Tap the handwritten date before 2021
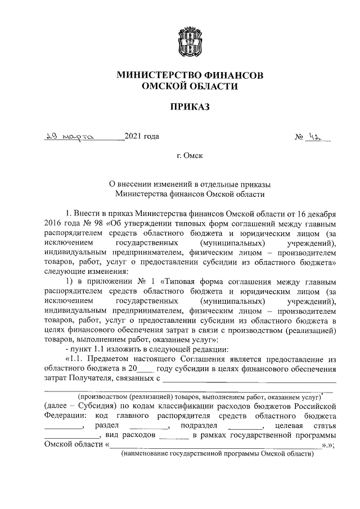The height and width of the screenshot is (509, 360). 70,136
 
